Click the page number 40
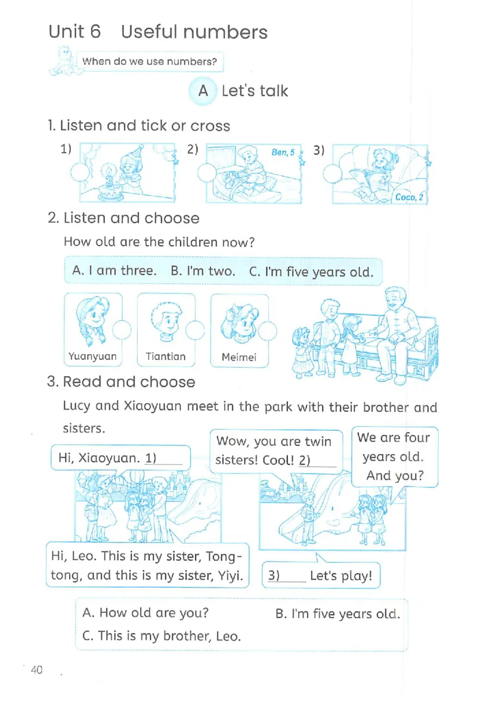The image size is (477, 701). [x=36, y=669]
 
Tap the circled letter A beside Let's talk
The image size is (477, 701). [x=203, y=91]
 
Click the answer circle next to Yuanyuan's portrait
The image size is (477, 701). [x=122, y=330]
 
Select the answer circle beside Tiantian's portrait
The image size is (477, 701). [x=195, y=330]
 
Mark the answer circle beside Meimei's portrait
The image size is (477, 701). [x=267, y=331]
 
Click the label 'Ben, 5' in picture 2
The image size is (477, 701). [x=283, y=153]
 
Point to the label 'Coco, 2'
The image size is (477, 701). [x=409, y=197]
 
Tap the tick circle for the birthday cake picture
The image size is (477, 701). [x=80, y=172]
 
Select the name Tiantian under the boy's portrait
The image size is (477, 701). [x=165, y=356]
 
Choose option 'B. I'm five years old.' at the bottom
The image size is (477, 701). [x=337, y=614]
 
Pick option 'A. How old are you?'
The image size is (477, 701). [x=145, y=613]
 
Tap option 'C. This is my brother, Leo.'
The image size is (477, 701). [x=162, y=635]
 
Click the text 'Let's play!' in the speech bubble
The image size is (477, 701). [x=340, y=575]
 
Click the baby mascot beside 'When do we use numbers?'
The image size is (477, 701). [x=63, y=61]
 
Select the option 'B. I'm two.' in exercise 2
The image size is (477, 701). [x=203, y=271]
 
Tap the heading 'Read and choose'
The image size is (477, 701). [x=129, y=381]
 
